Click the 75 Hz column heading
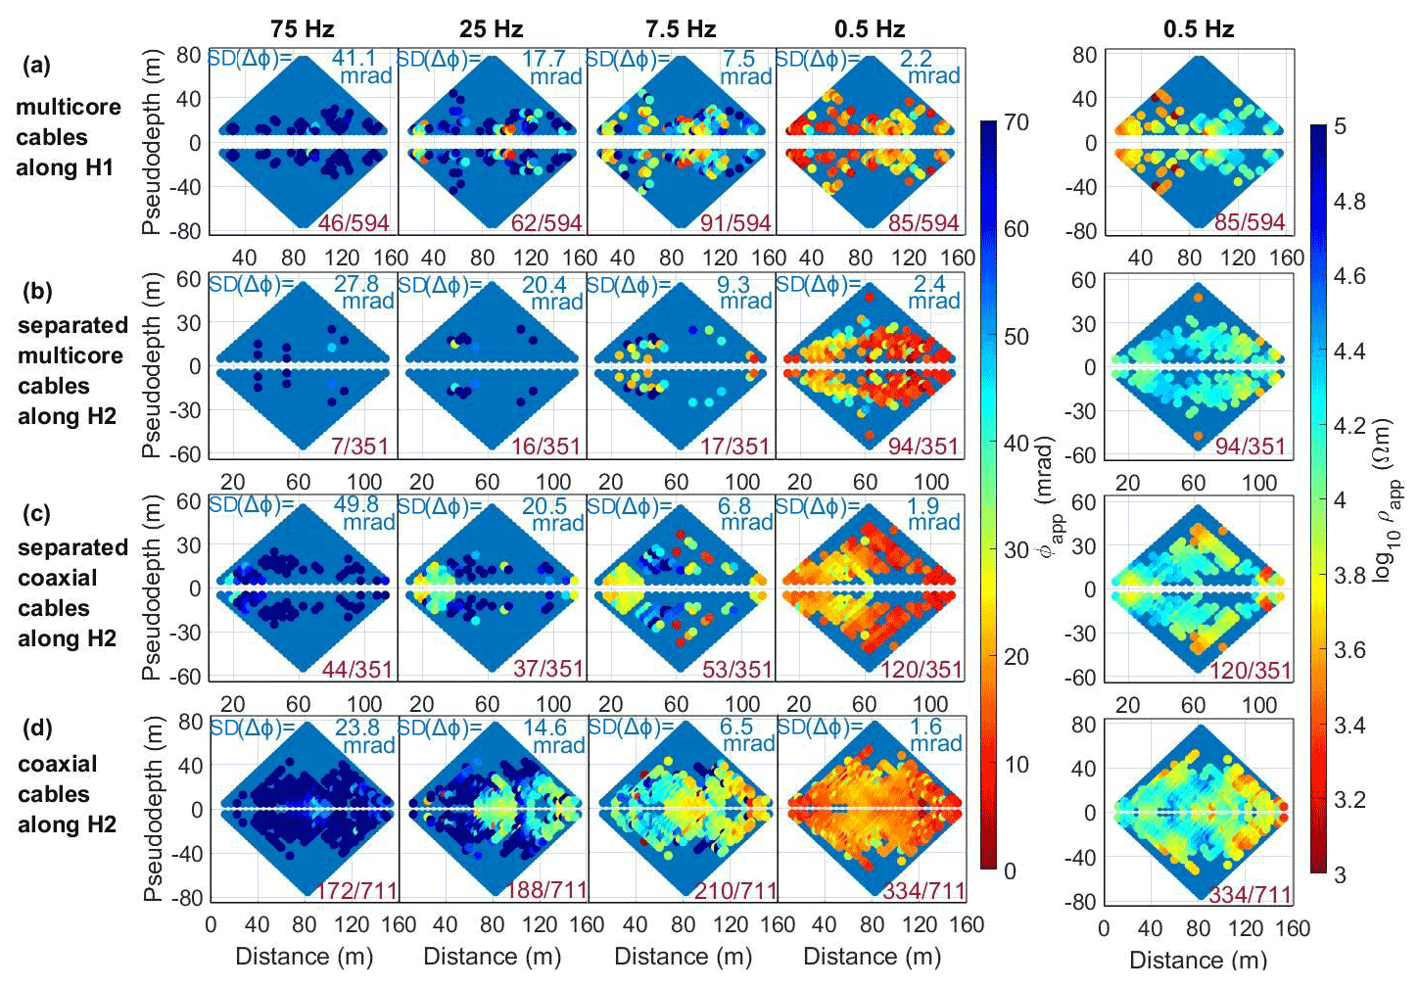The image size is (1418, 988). click(302, 28)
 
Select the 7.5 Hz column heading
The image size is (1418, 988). click(681, 28)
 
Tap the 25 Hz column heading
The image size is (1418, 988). click(491, 28)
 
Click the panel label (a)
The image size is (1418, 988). click(37, 66)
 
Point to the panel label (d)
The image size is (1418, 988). click(37, 728)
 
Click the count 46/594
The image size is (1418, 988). click(354, 223)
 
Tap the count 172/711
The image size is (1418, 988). click(356, 891)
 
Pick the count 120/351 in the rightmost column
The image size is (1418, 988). click(1251, 671)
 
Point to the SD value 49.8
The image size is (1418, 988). click(355, 504)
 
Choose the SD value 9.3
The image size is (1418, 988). click(733, 284)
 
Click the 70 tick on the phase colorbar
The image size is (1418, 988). click(1016, 122)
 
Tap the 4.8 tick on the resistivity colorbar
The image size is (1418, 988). click(1350, 202)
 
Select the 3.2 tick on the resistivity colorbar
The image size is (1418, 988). click(1350, 799)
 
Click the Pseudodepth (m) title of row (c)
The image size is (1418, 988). click(151, 588)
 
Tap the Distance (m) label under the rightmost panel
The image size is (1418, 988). click(1198, 960)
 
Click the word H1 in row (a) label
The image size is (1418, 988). click(99, 167)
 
